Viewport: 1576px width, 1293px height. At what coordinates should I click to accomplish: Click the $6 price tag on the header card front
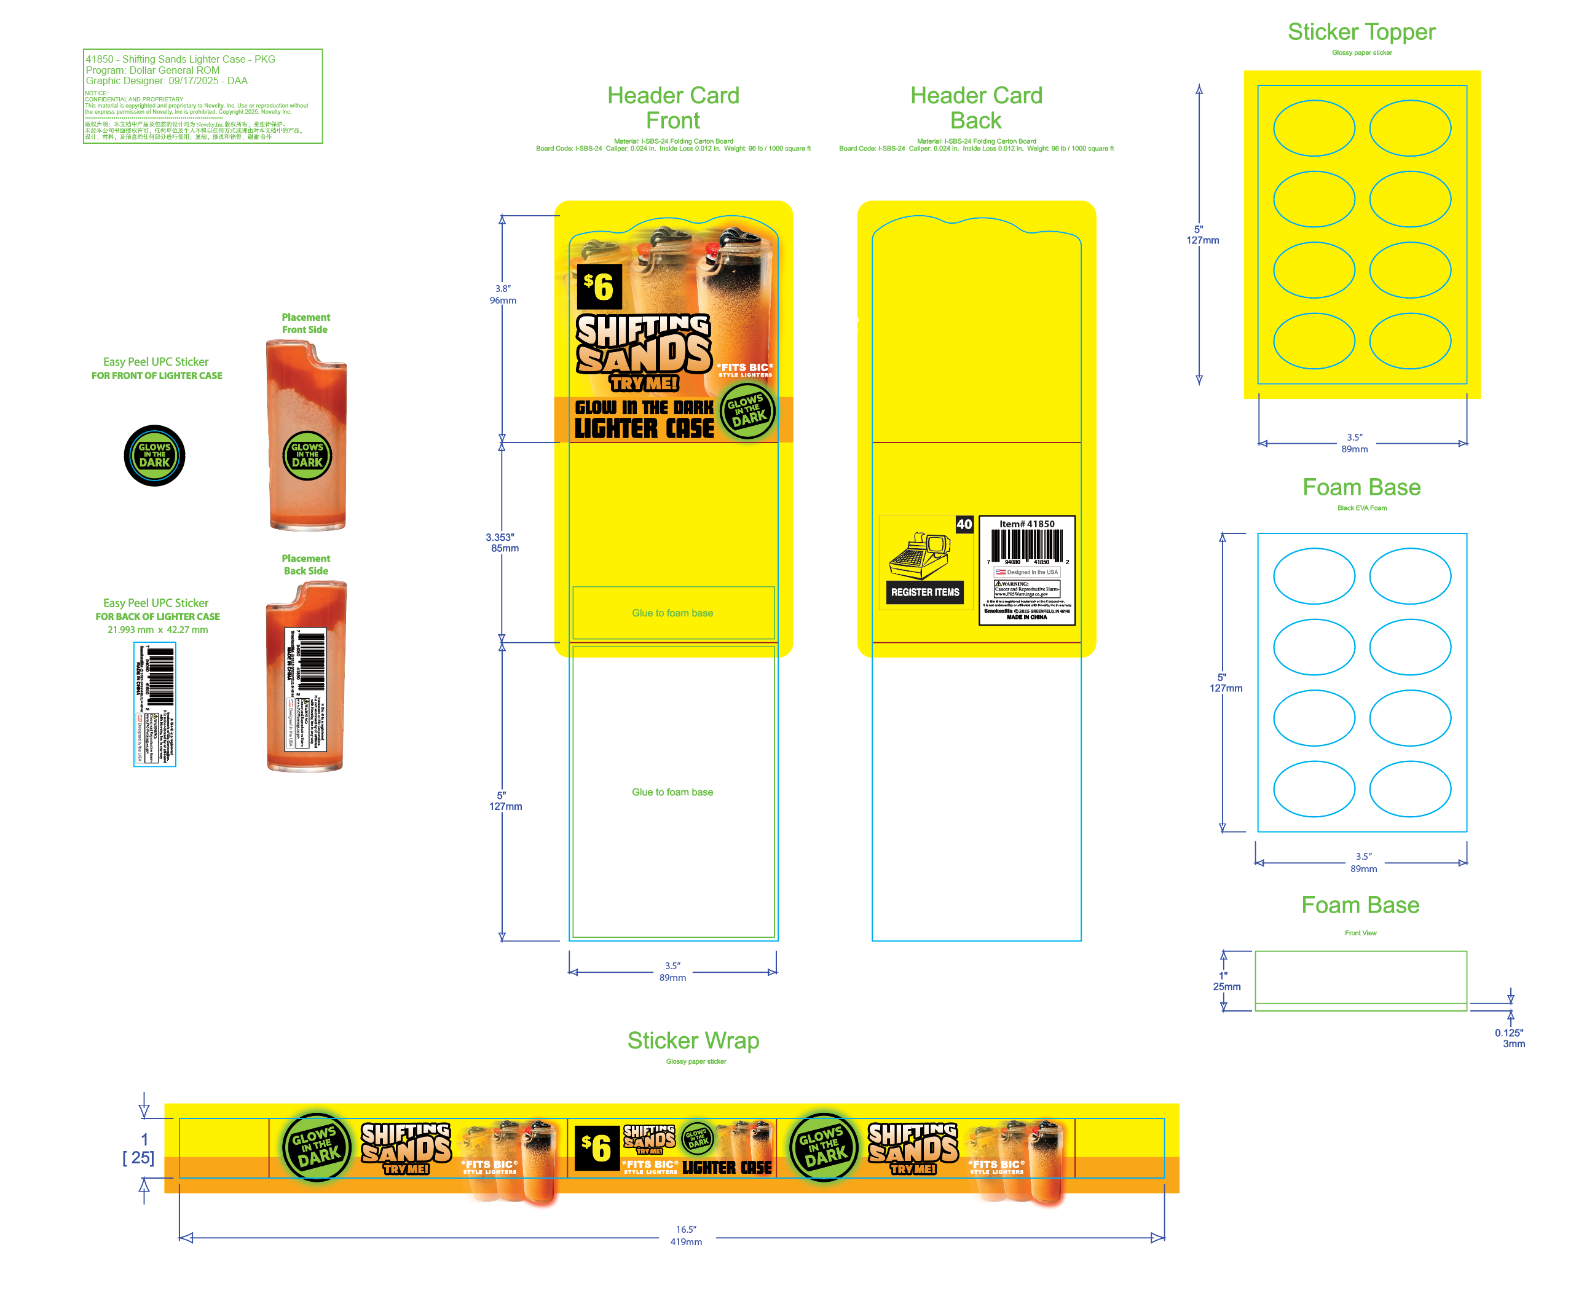599,287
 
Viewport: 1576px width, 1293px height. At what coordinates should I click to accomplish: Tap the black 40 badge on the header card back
964,524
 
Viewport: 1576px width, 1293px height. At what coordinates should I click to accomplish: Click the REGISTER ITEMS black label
925,592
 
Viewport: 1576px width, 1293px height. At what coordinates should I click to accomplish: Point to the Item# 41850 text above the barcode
1026,524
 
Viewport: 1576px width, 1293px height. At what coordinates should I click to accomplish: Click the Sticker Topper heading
1361,32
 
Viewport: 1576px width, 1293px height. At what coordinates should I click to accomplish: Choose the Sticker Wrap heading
693,1040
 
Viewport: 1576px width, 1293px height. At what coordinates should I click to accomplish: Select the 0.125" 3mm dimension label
1510,1037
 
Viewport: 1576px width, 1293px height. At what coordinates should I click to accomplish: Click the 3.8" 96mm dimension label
503,294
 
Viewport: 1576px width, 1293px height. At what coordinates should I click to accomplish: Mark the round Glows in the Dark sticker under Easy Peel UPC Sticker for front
154,455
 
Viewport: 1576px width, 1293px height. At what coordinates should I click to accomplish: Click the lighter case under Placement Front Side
307,436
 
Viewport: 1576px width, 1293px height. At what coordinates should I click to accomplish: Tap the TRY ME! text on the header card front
644,383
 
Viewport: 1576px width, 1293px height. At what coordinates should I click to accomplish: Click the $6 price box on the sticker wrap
597,1147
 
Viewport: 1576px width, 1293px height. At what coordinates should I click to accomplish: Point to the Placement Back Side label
305,565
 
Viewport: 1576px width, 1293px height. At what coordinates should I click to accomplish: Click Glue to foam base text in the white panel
672,792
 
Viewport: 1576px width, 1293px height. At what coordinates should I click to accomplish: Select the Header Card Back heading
975,108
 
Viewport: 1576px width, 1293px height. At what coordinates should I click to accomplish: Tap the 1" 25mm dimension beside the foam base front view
1226,981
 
